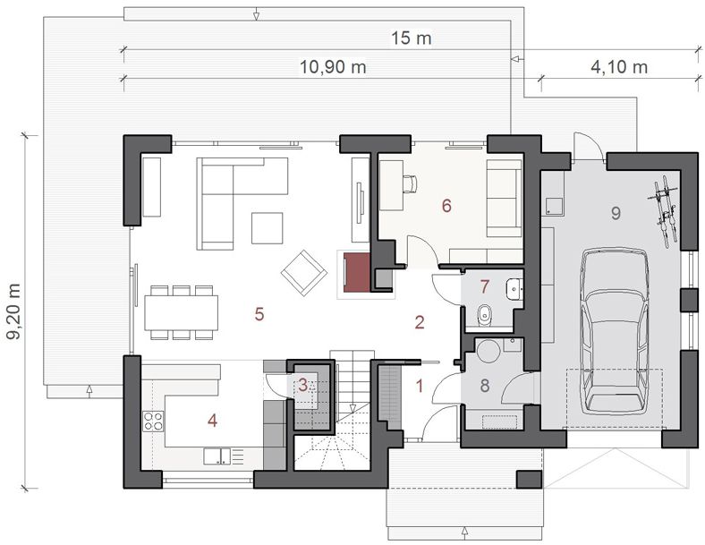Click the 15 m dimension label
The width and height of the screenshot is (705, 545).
(x=411, y=38)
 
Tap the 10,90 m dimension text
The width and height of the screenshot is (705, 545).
(x=333, y=67)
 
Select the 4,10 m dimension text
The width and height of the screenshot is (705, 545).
(x=619, y=67)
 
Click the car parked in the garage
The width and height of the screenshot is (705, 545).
(x=615, y=330)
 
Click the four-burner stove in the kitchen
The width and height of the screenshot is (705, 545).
(x=153, y=421)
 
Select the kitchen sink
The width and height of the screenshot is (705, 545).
(x=217, y=456)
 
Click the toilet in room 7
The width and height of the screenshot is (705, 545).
(x=484, y=314)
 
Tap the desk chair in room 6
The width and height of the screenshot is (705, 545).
(x=410, y=184)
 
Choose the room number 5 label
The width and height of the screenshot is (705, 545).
(x=259, y=314)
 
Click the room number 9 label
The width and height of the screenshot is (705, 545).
(x=616, y=213)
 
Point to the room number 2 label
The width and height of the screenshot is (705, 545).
(x=419, y=322)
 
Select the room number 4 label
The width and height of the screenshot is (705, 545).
(x=212, y=421)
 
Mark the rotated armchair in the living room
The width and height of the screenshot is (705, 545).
(x=304, y=272)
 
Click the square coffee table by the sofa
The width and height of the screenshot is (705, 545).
(x=268, y=228)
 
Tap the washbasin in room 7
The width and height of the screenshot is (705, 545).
(x=514, y=288)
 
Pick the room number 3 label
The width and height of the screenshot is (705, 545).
(x=303, y=385)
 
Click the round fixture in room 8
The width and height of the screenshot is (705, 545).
(x=488, y=351)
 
